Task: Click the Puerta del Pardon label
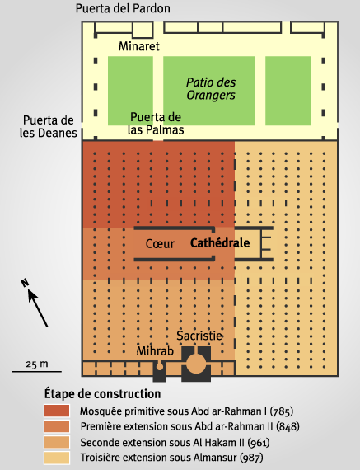point(123,8)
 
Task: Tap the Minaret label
point(139,46)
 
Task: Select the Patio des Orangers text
point(211,89)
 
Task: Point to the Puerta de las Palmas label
point(156,123)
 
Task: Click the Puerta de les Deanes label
point(49,126)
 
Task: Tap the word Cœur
point(160,244)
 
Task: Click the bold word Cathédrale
point(220,242)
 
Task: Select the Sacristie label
point(199,336)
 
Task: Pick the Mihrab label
point(155,351)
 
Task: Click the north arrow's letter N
point(25,283)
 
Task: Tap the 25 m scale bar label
point(37,364)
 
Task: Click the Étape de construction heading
point(102,393)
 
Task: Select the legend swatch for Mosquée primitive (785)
point(57,411)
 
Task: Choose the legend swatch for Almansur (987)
point(57,458)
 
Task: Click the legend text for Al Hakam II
point(175,443)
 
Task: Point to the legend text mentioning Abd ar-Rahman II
point(189,426)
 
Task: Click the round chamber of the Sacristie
point(196,364)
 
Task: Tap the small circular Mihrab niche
point(160,366)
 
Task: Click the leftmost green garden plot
point(130,91)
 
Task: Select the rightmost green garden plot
point(288,91)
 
